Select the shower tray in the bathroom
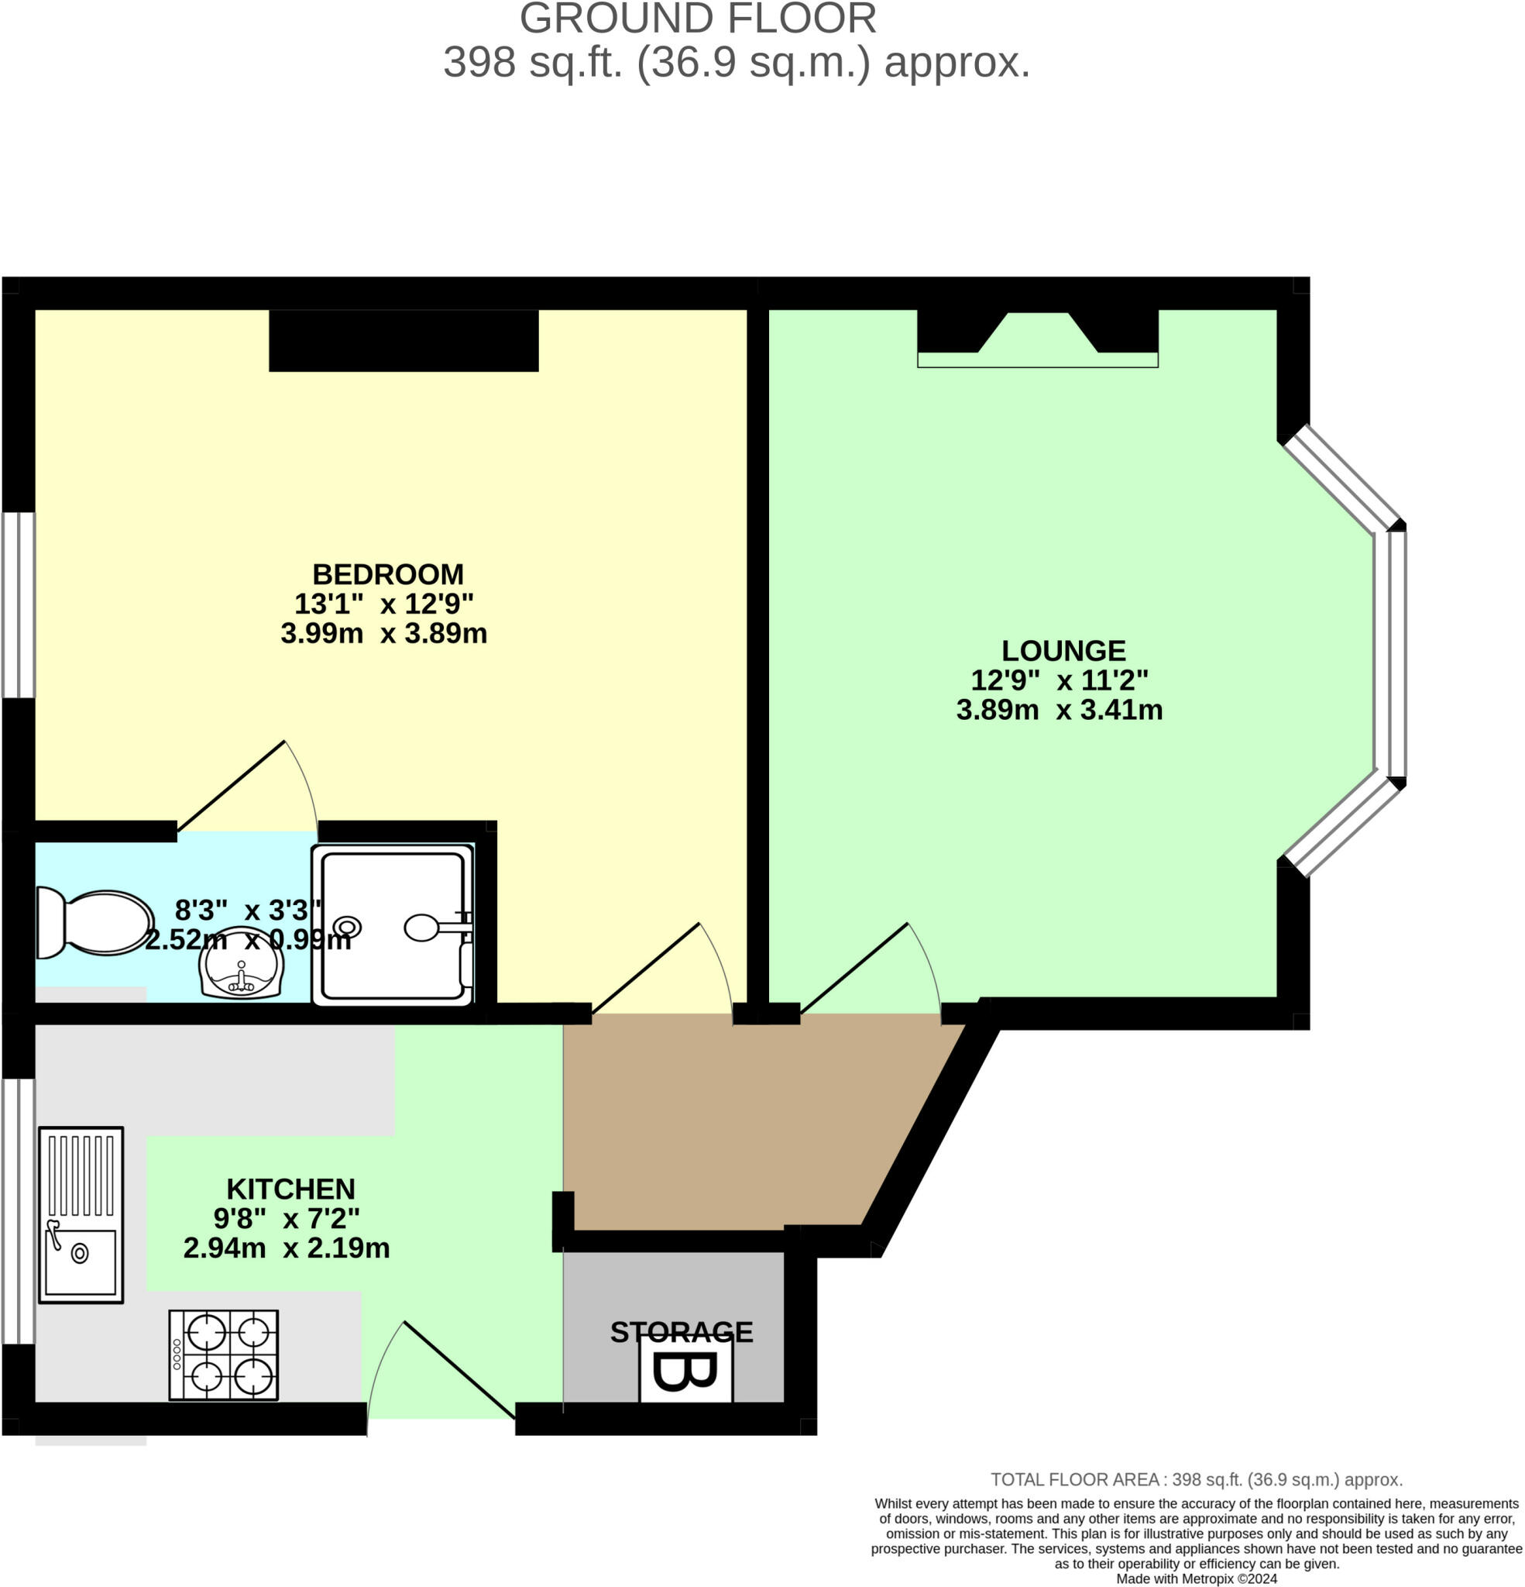pyautogui.click(x=393, y=925)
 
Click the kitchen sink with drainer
pyautogui.click(x=81, y=1214)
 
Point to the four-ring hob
pyautogui.click(x=223, y=1355)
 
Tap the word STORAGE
pyautogui.click(x=682, y=1333)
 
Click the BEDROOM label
pyautogui.click(x=388, y=574)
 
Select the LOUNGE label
pyautogui.click(x=1063, y=650)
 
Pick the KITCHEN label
pyautogui.click(x=290, y=1189)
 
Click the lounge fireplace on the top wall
pyautogui.click(x=1038, y=339)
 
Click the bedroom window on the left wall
pyautogui.click(x=19, y=605)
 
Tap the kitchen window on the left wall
pyautogui.click(x=19, y=1211)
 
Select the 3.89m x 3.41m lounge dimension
pyautogui.click(x=1060, y=709)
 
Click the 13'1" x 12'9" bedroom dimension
pyautogui.click(x=383, y=603)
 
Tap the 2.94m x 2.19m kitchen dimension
pyautogui.click(x=287, y=1248)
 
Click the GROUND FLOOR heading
pyautogui.click(x=698, y=19)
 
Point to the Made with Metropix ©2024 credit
pyautogui.click(x=1197, y=1579)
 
